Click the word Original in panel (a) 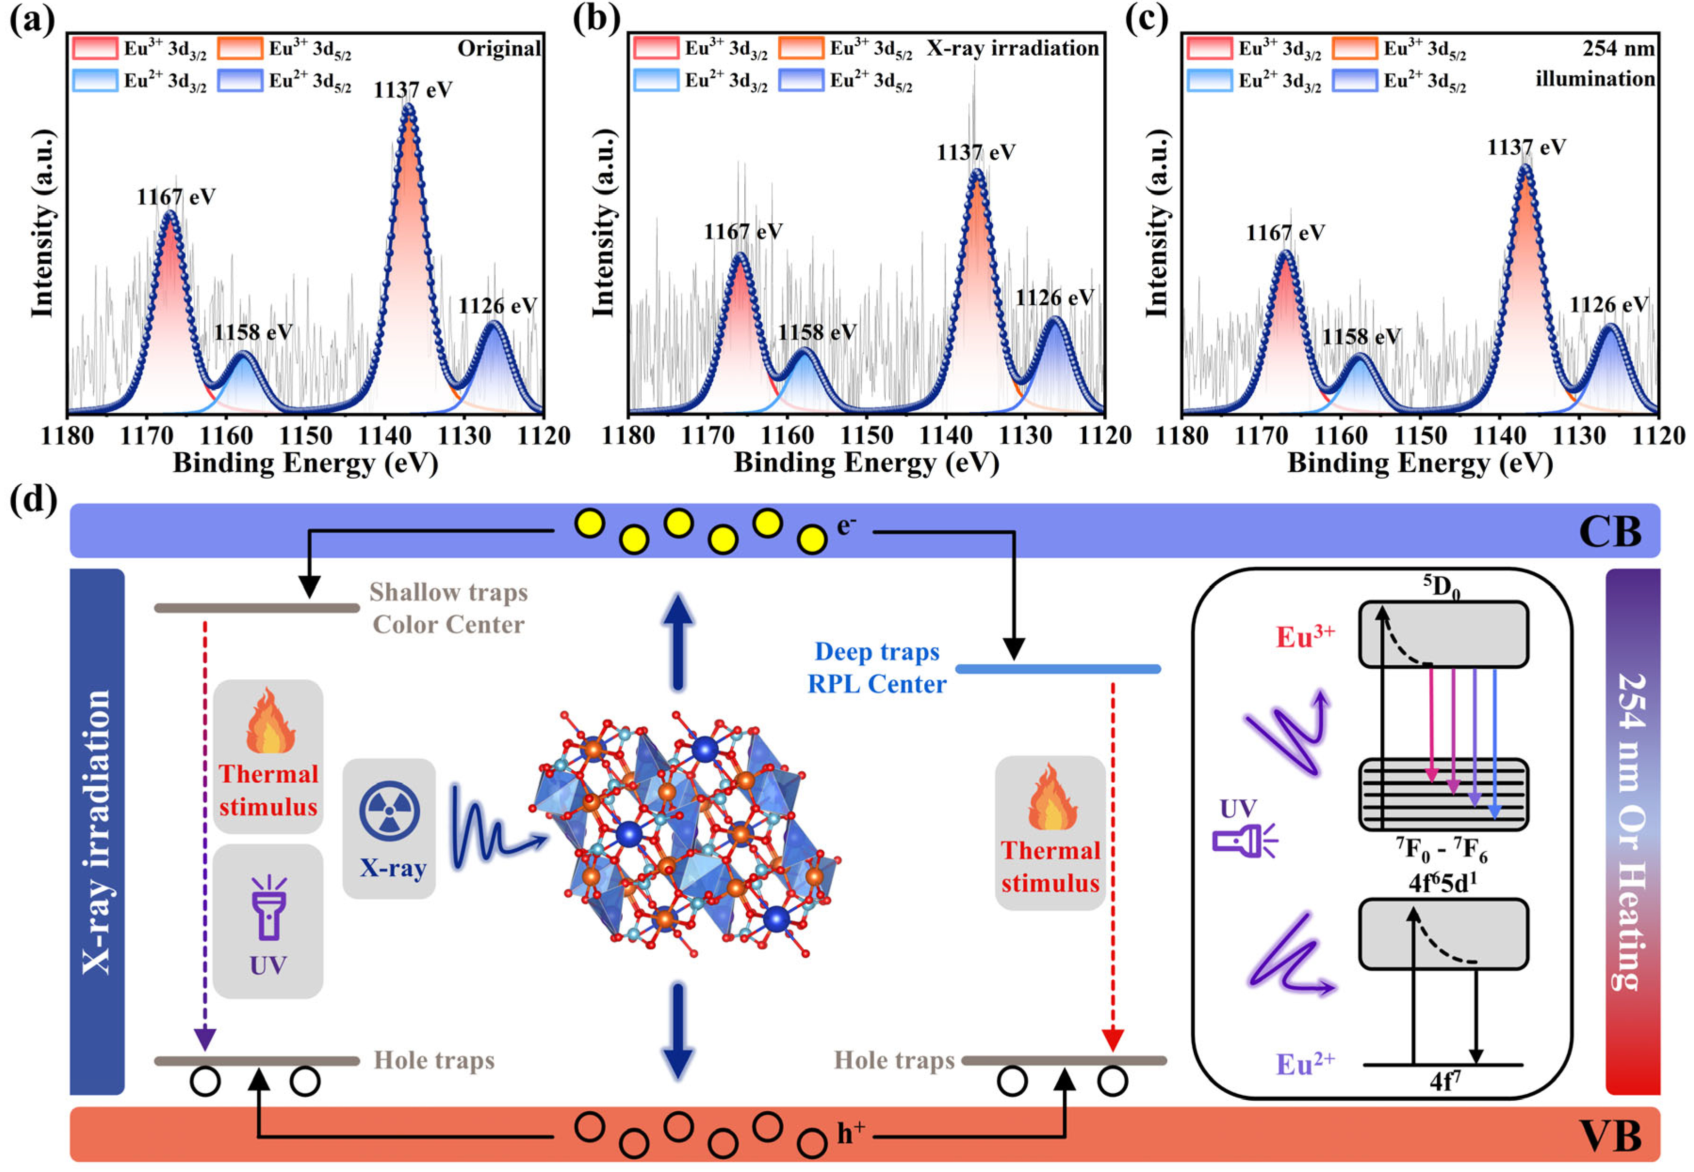pos(499,49)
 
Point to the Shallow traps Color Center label pos(448,608)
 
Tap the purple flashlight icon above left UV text pos(268,908)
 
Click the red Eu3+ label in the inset pos(1304,637)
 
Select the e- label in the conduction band pos(846,526)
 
